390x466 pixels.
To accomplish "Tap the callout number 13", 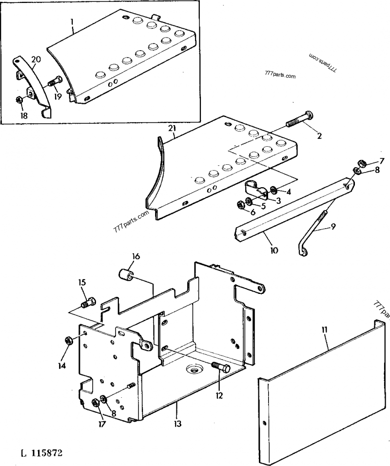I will pyautogui.click(x=177, y=424).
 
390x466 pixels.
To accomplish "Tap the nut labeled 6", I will pyautogui.click(x=241, y=204).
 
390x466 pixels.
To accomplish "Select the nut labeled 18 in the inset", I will pyautogui.click(x=19, y=100).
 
